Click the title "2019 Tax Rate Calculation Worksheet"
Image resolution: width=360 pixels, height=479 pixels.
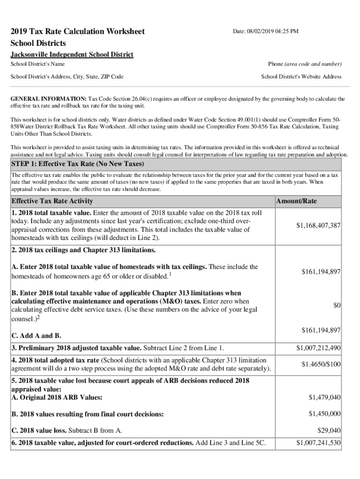click(x=78, y=31)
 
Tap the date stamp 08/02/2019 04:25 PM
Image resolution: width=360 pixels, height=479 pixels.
click(x=266, y=31)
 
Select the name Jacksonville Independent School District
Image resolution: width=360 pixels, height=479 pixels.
click(x=72, y=55)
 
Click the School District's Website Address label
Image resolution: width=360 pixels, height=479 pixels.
click(x=301, y=76)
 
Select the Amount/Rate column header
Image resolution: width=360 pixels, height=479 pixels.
click(x=296, y=201)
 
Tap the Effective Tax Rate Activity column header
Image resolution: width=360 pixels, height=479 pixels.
click(x=52, y=201)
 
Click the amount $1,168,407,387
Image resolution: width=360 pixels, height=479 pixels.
click(x=318, y=225)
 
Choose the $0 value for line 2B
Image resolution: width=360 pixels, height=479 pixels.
click(x=337, y=305)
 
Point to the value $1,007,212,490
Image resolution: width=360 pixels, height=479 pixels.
click(x=318, y=348)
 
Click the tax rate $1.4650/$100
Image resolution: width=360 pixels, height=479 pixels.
click(x=321, y=364)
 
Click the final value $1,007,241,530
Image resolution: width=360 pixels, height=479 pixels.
click(x=318, y=443)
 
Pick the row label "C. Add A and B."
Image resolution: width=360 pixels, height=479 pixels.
click(x=36, y=336)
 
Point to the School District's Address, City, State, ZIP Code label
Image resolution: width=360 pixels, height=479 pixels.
click(x=67, y=76)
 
